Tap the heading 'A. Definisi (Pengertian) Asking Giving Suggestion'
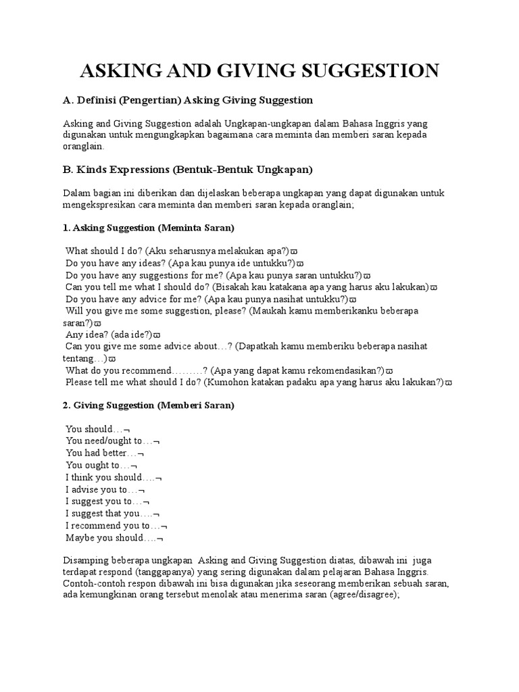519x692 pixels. [x=188, y=100]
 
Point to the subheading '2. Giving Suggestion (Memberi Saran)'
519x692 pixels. [x=149, y=405]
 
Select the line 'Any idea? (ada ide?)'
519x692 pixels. [x=112, y=334]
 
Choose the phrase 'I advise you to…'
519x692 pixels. [x=105, y=489]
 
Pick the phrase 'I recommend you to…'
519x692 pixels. [x=116, y=526]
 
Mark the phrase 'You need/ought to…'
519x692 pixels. [x=112, y=441]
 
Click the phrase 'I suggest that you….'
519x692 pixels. [x=112, y=514]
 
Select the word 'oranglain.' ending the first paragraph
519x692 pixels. [x=84, y=146]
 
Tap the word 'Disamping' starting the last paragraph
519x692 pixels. [x=86, y=559]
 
